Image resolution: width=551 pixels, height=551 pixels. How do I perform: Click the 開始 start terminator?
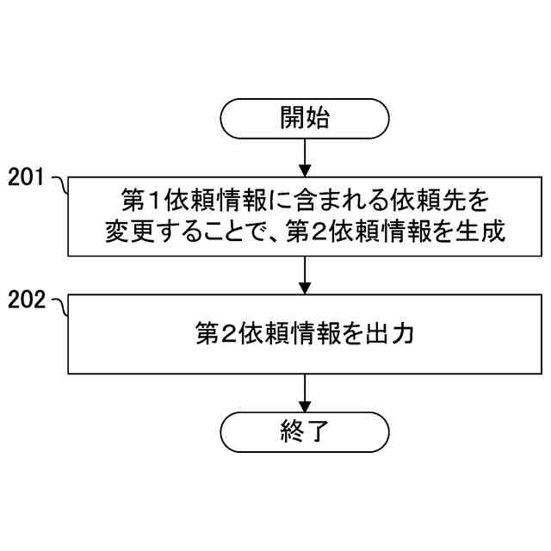(305, 118)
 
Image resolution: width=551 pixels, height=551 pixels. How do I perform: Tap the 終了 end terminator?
(305, 430)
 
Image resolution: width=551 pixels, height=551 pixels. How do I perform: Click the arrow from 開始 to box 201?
(305, 158)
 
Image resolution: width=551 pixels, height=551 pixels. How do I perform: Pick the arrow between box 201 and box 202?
(305, 275)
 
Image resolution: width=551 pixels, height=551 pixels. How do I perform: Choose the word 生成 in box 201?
(478, 232)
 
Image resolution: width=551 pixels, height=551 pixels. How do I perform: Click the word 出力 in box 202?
(392, 334)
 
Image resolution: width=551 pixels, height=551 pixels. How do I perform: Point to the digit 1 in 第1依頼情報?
(156, 201)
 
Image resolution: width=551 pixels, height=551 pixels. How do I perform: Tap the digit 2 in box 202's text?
(230, 334)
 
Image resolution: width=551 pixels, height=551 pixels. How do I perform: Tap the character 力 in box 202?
(404, 334)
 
